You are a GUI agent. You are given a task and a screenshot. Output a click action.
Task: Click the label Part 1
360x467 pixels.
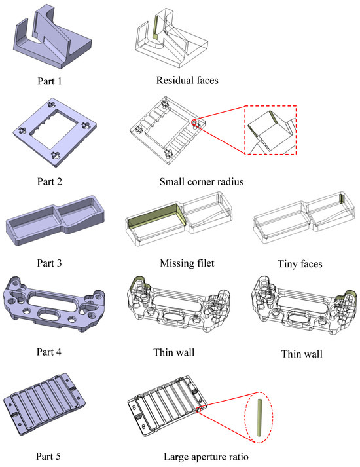[x=49, y=81]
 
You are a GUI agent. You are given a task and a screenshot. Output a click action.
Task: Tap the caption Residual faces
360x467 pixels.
[x=187, y=80]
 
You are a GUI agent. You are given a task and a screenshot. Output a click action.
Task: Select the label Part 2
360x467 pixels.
[x=49, y=181]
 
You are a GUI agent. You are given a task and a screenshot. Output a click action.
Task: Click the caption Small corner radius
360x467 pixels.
[x=202, y=181]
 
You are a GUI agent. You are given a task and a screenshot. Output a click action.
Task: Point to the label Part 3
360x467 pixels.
[x=49, y=263]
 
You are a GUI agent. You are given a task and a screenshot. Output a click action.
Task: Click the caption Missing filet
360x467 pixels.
[x=187, y=263]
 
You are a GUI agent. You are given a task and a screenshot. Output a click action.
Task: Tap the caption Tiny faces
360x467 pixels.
[x=300, y=263]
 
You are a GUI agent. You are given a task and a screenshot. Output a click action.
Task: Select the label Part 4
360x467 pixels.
[x=49, y=352]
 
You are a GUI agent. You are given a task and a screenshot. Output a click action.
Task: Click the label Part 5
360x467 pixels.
[x=48, y=456]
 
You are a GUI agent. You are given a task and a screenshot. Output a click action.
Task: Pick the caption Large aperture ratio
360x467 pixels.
[x=206, y=457]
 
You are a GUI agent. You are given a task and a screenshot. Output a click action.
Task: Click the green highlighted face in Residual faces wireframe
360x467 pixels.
[x=154, y=28]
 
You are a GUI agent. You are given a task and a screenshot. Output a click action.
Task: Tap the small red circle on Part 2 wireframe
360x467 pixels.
[x=194, y=122]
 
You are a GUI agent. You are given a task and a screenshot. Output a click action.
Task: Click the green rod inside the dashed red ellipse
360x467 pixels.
[x=259, y=417]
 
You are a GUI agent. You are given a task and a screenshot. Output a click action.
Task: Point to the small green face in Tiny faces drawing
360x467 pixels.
[x=341, y=198]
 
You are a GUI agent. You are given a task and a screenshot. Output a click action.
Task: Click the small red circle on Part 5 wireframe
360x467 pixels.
[x=198, y=410]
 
